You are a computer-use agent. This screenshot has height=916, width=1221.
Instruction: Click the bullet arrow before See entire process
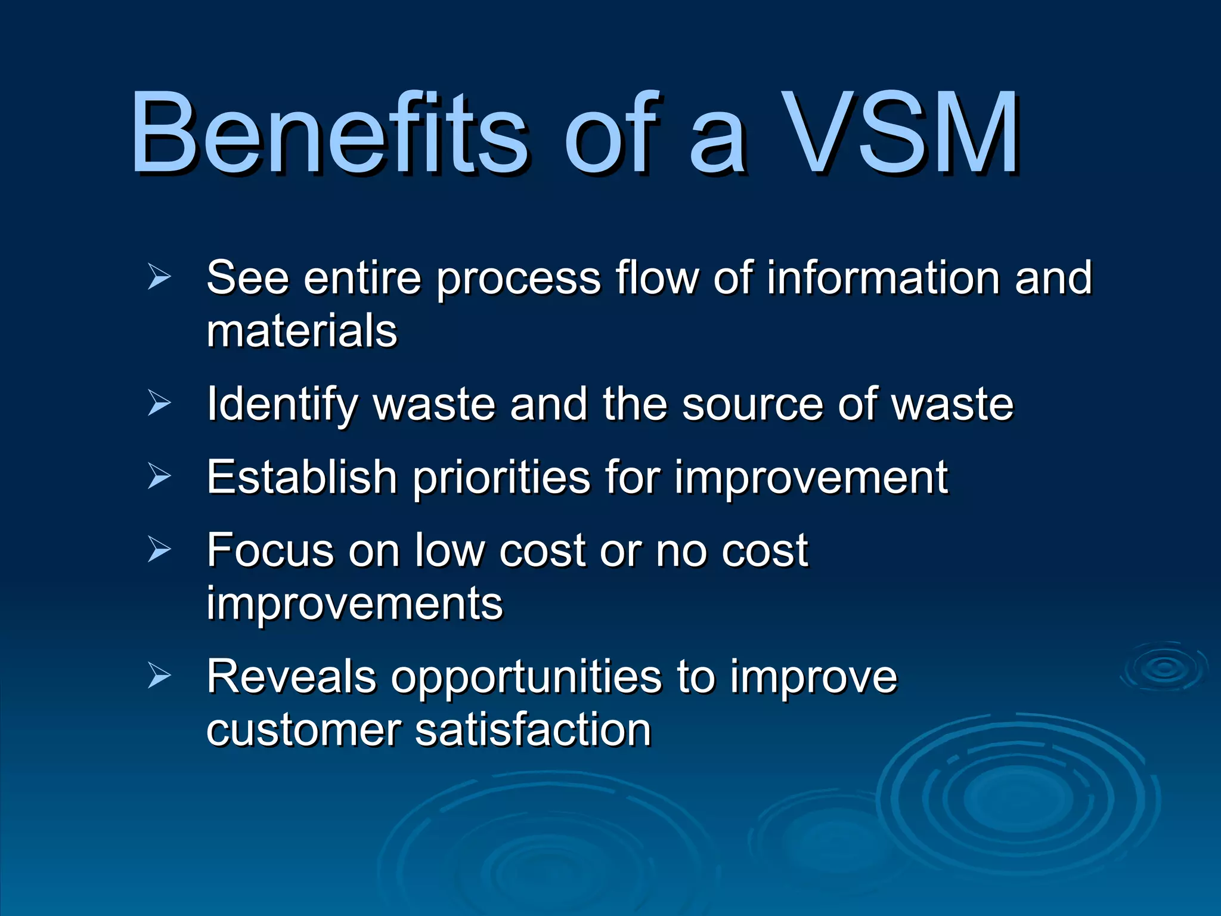tap(159, 278)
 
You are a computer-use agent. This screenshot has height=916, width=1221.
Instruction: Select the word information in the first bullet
tap(882, 278)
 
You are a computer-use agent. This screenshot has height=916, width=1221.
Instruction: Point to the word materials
tap(302, 332)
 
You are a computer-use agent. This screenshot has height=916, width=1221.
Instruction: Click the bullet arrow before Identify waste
tap(159, 404)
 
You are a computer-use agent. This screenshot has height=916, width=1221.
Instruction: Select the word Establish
tap(302, 477)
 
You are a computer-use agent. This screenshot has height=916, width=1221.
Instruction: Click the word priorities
tap(501, 477)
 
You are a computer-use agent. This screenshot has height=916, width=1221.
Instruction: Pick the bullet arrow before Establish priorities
tap(159, 476)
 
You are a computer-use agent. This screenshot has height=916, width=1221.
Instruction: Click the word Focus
tap(269, 550)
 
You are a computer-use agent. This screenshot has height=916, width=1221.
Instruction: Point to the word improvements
tap(355, 604)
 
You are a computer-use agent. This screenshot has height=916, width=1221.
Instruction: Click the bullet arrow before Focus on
tap(159, 549)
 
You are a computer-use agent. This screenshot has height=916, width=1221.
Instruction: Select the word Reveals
tap(291, 677)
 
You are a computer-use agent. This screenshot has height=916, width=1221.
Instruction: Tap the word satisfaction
tap(533, 730)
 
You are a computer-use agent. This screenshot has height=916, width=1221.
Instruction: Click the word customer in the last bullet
tap(304, 731)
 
